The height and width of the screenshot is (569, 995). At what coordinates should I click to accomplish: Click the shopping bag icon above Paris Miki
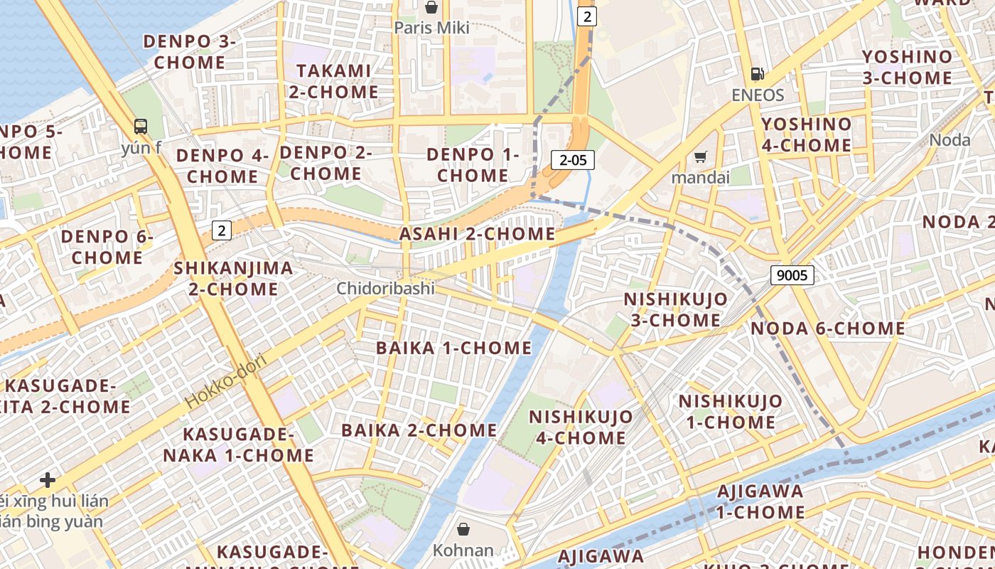tap(431, 8)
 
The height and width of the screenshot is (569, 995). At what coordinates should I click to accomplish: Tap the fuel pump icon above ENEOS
tap(758, 74)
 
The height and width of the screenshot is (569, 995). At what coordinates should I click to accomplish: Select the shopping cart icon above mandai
tap(701, 156)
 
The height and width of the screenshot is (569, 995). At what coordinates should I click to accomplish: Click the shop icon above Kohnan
tap(463, 529)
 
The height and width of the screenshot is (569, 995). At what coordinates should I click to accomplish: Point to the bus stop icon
tap(141, 127)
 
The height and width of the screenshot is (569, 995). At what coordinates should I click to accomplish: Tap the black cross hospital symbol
tap(48, 480)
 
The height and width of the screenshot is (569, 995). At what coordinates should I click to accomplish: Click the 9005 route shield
tap(792, 275)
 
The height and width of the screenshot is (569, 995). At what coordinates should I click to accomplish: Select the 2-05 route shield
tap(573, 160)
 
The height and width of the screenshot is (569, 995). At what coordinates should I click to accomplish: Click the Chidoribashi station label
tap(385, 288)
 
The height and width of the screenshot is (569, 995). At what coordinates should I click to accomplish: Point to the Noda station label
tap(950, 139)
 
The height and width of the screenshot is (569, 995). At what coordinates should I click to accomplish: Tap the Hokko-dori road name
tap(225, 381)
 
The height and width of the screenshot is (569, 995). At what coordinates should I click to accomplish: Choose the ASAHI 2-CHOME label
tap(477, 234)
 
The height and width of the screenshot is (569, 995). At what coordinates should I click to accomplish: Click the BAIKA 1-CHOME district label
tap(453, 348)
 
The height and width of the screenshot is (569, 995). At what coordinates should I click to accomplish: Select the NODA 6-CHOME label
tap(828, 329)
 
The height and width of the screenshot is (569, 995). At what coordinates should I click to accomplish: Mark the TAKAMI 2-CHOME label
tap(333, 81)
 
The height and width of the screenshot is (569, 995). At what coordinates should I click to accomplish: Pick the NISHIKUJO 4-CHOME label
tap(581, 427)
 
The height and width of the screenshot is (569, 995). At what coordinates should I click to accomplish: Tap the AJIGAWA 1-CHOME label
tap(760, 501)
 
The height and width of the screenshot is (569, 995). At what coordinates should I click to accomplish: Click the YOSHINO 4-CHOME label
tap(806, 134)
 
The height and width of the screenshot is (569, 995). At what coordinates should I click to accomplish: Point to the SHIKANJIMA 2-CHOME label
tap(233, 278)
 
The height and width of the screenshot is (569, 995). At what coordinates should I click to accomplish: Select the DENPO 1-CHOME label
tap(473, 164)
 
